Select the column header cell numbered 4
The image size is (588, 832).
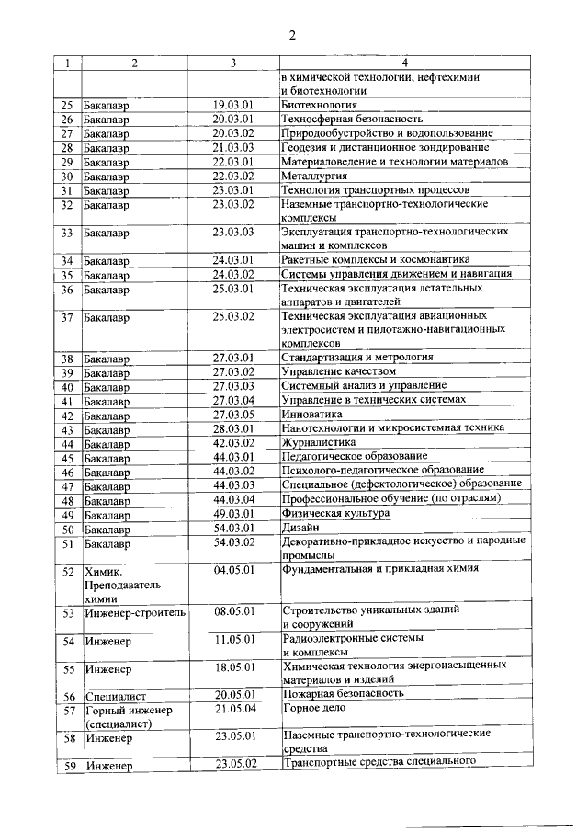pos(404,63)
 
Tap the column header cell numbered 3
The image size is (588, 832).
pos(233,63)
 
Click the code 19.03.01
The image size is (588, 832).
pos(233,106)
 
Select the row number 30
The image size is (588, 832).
pos(66,177)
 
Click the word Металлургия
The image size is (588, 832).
pos(314,177)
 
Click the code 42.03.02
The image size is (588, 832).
pos(233,442)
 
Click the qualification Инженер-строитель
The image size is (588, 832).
pos(135,611)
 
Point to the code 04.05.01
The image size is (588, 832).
pos(233,570)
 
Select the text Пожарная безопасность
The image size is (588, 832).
pos(345,694)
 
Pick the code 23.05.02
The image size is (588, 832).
pos(233,765)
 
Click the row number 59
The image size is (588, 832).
pos(66,766)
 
